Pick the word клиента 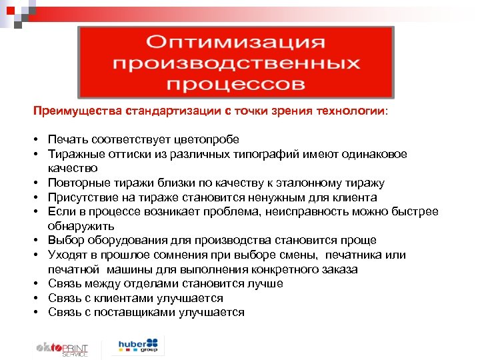(354, 197)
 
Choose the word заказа (337, 269)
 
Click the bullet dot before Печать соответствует (39, 140)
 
